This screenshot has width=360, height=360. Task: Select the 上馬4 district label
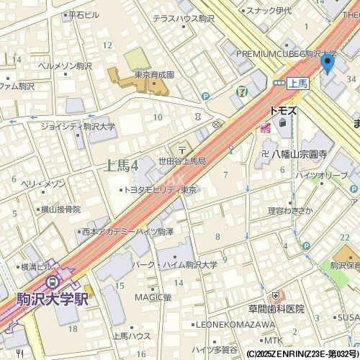point(122,166)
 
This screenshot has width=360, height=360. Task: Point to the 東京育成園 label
point(154,73)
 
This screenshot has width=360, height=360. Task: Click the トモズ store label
point(283,111)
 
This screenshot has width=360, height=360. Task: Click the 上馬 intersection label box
point(297,83)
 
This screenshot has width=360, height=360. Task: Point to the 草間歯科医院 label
point(276,308)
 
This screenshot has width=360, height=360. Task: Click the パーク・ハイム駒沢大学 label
point(181,264)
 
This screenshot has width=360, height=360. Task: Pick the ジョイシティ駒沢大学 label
point(78,127)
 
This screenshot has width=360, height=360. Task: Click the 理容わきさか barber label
point(291,210)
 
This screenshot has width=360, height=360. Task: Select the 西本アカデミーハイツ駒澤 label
point(127,233)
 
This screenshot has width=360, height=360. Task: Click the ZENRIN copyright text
point(302,354)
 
